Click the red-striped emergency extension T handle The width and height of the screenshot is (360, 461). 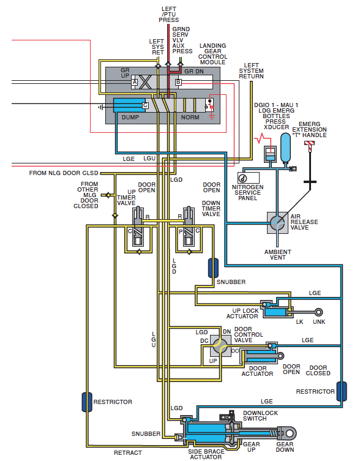309,144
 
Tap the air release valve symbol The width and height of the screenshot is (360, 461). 277,223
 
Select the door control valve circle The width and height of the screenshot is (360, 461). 220,346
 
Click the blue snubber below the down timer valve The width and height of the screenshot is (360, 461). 213,268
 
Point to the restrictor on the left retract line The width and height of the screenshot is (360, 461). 87,402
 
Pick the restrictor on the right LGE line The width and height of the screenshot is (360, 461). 342,391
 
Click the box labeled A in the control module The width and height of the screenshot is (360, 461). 135,82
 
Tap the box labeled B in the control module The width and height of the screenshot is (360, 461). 178,82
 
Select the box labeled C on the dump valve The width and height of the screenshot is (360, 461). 145,105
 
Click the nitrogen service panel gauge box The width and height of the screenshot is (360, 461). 249,178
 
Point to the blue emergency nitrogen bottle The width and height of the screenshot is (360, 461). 285,148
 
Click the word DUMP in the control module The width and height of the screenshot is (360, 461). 130,118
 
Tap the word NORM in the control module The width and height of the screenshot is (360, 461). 190,118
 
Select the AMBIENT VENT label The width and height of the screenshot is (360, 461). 277,255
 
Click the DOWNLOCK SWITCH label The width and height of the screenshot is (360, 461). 261,416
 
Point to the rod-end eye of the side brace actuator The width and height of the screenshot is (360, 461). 290,433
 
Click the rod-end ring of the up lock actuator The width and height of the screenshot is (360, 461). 318,312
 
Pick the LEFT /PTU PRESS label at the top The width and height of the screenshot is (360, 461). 169,15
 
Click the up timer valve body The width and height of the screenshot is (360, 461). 138,227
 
